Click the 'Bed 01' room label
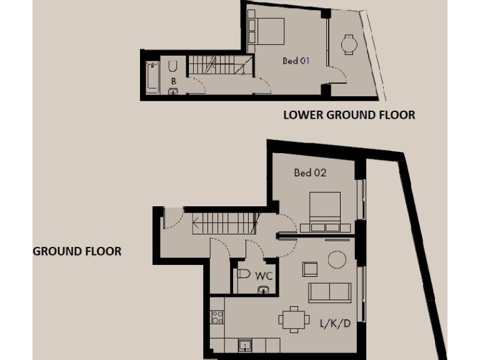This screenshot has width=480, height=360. pos(296,61)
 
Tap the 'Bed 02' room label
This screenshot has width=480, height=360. pos(310,172)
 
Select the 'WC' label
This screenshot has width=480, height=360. pos(263,275)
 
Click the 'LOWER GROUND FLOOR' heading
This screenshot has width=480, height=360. pos(349,115)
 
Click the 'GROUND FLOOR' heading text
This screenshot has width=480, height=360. pos(77,251)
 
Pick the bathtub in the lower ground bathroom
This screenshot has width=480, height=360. pos(152,77)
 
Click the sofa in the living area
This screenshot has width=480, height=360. pos(329,291)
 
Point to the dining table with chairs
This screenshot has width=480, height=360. pos(294,319)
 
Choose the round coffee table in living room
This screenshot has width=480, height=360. pos(337,259)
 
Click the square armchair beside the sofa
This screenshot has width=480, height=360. pos(310,269)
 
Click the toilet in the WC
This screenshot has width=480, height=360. pos(244,274)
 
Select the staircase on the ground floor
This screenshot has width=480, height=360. pos(226,223)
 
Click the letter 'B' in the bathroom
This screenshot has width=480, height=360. pos(173,81)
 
